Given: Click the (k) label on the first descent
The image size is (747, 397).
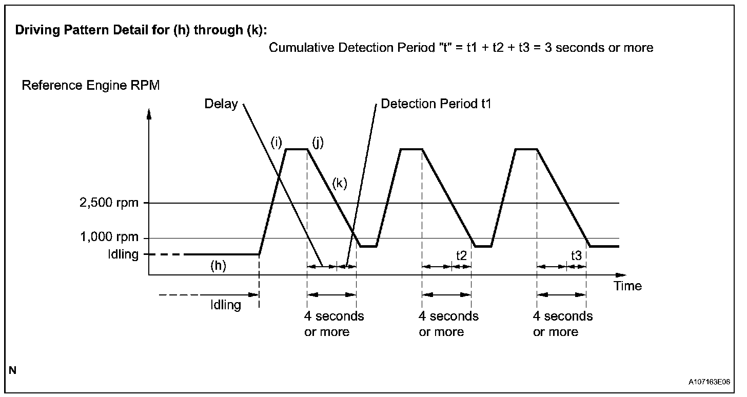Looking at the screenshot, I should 339,183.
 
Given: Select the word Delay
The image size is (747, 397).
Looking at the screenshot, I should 221,104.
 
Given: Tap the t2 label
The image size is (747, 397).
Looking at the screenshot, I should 461,255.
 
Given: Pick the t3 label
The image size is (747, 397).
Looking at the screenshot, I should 576,255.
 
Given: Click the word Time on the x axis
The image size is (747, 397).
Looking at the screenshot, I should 627,286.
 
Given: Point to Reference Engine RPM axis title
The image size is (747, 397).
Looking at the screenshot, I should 91,85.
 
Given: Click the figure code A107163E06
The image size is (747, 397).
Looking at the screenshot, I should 710,382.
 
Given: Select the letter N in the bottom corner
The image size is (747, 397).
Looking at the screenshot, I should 12,370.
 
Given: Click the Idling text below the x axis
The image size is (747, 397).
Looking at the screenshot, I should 226,305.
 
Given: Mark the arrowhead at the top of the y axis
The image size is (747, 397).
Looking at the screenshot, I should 149,113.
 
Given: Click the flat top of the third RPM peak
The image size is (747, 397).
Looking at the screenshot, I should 525,149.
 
